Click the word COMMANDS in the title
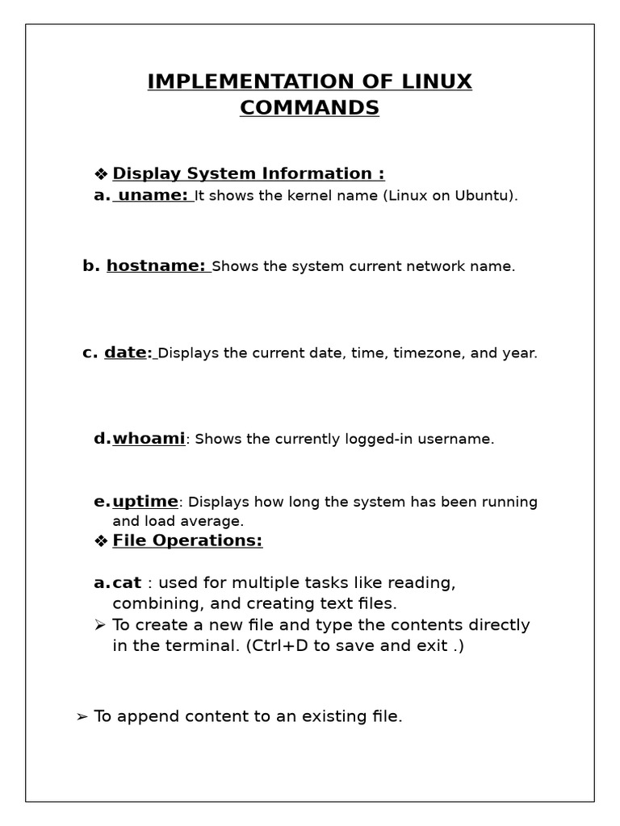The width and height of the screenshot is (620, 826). (x=309, y=107)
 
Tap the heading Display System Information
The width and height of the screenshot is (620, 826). (x=248, y=173)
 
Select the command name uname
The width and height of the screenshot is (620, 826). (x=153, y=195)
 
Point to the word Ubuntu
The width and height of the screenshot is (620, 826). (x=484, y=196)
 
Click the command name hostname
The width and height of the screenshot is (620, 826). (x=156, y=266)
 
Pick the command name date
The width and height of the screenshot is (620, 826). (x=126, y=353)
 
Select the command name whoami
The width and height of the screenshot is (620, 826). (x=149, y=439)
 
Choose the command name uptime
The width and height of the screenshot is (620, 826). (x=145, y=502)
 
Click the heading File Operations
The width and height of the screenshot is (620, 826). (x=187, y=540)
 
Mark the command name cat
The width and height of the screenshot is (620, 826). (x=127, y=582)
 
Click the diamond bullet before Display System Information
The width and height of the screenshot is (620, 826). (x=101, y=174)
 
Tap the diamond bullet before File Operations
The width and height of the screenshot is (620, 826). (x=101, y=541)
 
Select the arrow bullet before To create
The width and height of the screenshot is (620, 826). (x=100, y=625)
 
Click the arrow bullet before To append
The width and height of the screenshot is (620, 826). (x=82, y=717)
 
